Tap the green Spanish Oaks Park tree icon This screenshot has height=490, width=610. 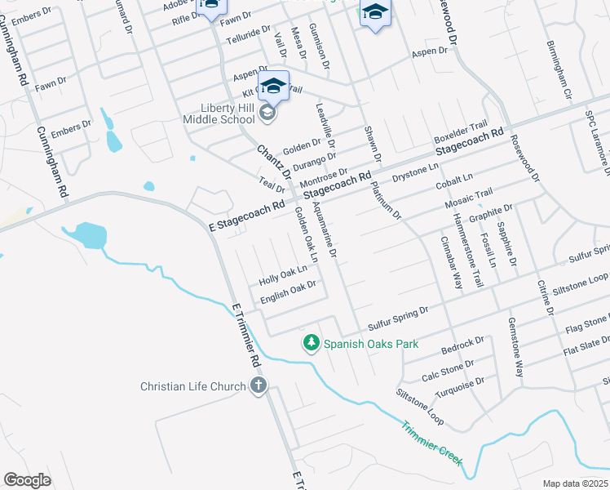(x=310, y=343)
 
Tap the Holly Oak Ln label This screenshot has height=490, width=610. (x=282, y=274)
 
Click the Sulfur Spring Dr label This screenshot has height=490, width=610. (x=397, y=317)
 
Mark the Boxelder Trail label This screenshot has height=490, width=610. (x=460, y=132)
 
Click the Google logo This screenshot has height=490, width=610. (x=27, y=479)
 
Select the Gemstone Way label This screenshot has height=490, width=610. (x=517, y=347)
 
